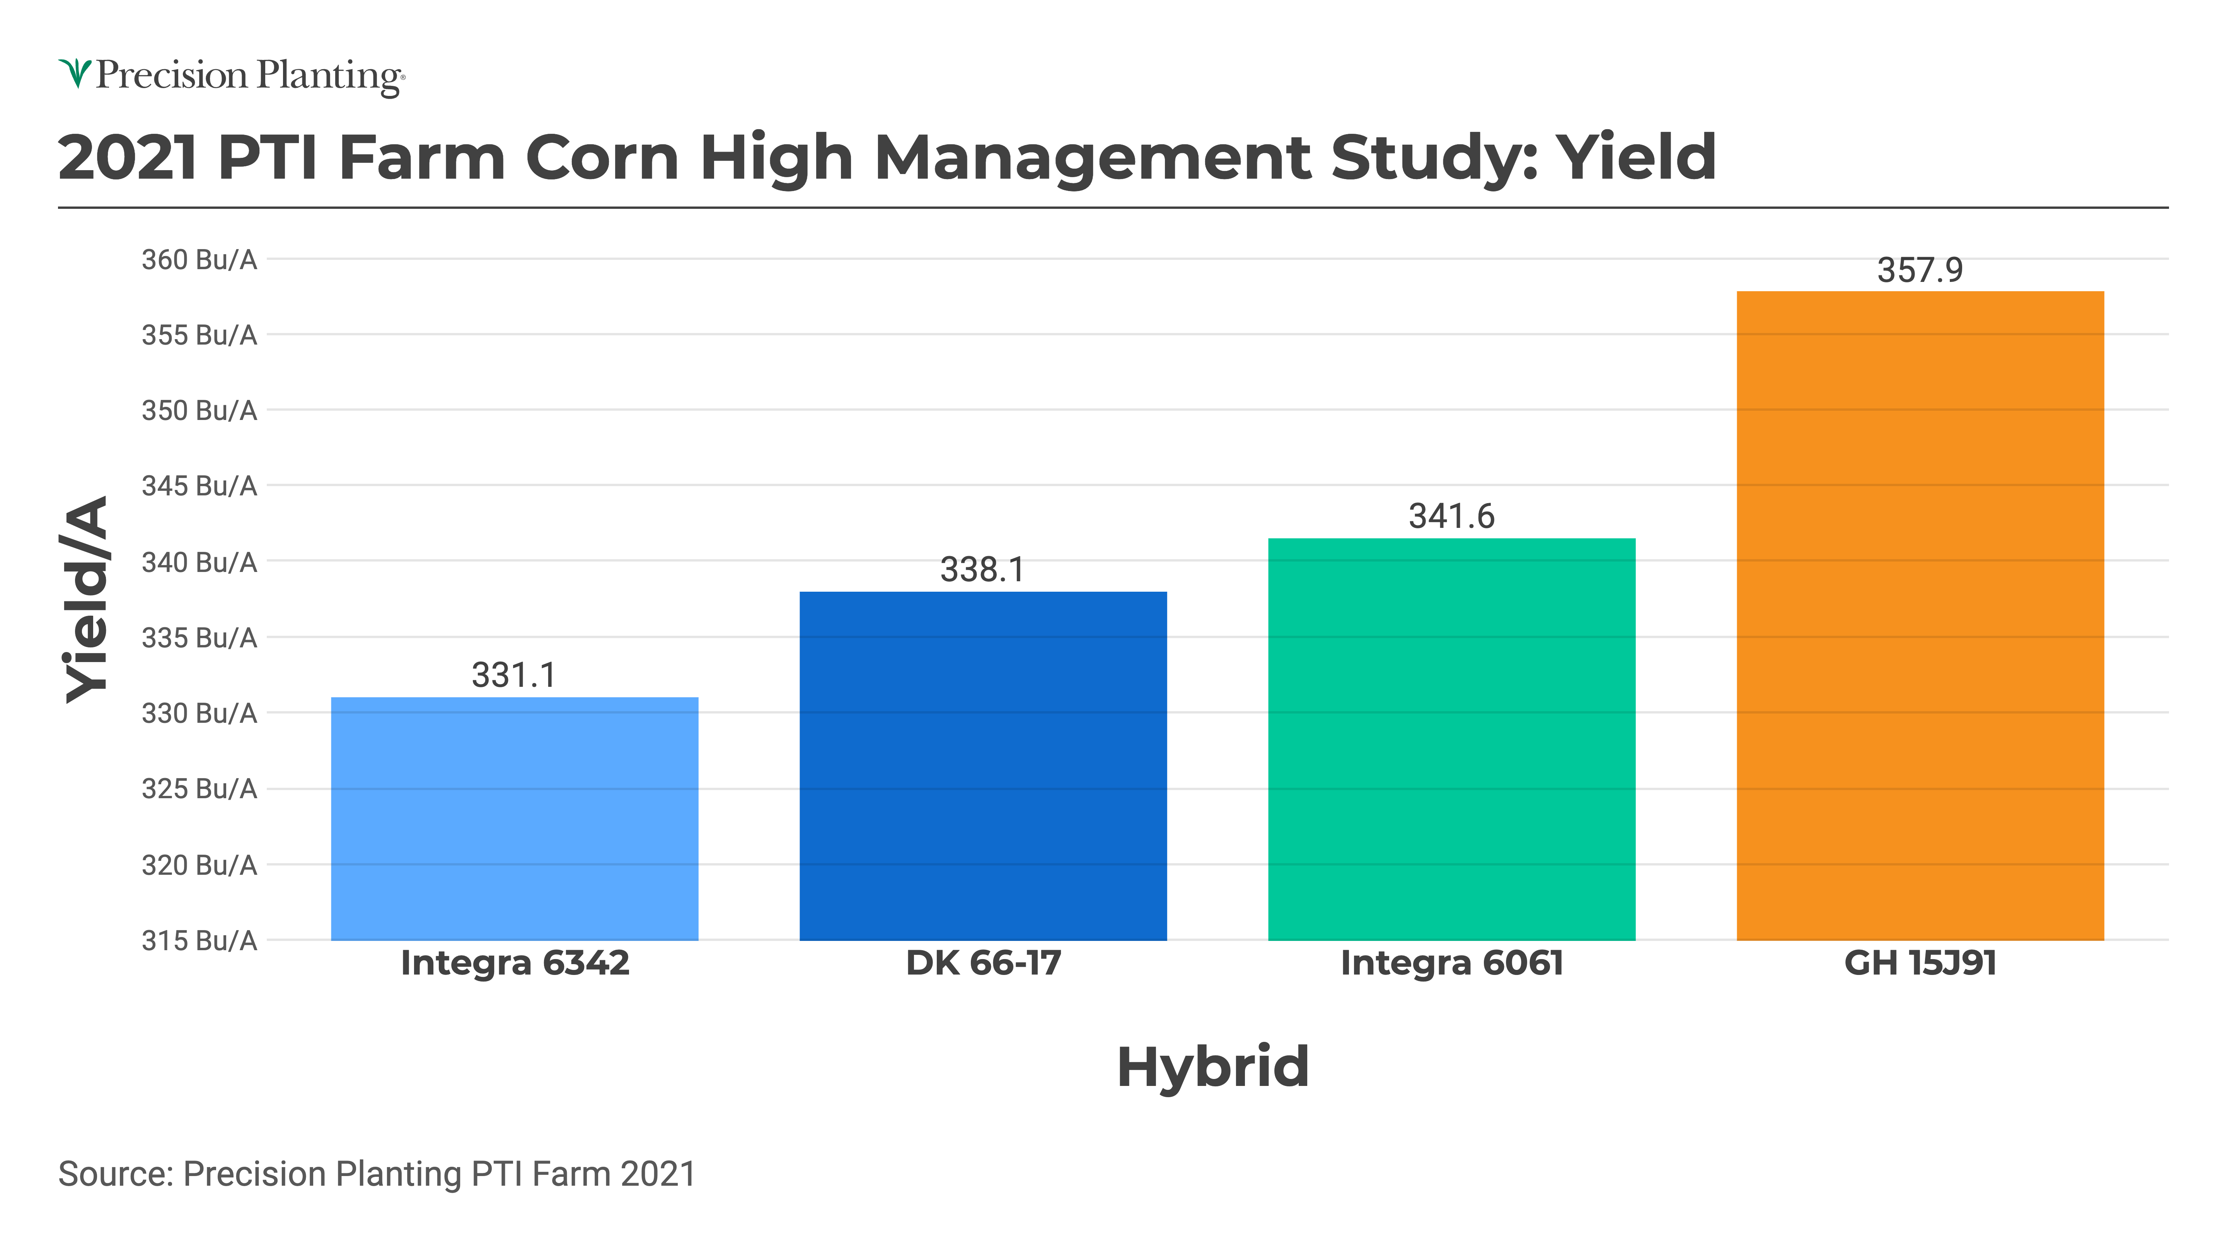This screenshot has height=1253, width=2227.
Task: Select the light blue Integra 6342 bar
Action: point(514,818)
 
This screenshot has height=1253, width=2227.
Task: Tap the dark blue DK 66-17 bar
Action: point(983,765)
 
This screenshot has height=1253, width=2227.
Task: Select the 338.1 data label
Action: point(983,570)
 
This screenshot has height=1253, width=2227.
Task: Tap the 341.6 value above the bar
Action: point(1451,516)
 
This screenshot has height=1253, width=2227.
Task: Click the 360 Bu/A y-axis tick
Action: point(200,259)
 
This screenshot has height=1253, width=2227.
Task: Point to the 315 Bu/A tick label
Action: point(200,940)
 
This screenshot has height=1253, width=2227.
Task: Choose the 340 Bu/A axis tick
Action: point(200,562)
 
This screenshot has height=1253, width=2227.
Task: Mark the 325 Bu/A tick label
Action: point(200,789)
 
